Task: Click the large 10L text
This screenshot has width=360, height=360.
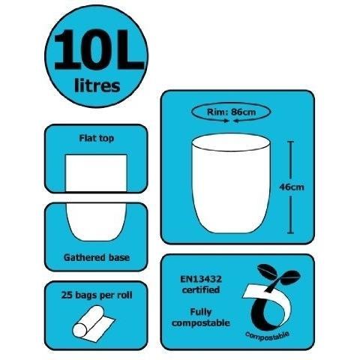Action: click(99, 49)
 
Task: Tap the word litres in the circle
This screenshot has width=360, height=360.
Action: click(97, 85)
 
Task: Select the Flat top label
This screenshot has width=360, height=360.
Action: click(97, 138)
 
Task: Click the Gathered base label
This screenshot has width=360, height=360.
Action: click(97, 257)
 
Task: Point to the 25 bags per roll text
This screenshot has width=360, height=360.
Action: click(97, 295)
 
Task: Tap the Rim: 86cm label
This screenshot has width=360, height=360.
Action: click(231, 112)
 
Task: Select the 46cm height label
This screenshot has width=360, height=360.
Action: click(292, 187)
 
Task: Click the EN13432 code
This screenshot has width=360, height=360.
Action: click(201, 279)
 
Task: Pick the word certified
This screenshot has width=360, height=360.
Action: click(201, 290)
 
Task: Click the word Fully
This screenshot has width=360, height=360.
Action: click(201, 312)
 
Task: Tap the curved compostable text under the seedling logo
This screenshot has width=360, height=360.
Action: click(267, 335)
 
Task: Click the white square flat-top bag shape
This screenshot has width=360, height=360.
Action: click(96, 173)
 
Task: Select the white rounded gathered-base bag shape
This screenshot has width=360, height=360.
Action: click(96, 222)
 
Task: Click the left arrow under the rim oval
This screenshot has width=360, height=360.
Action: click(224, 121)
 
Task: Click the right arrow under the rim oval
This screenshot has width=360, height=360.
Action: click(238, 121)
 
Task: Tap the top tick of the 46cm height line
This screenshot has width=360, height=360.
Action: click(290, 142)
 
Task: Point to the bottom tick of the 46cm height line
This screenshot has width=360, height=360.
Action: click(290, 232)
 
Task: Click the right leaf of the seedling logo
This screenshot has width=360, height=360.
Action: click(290, 276)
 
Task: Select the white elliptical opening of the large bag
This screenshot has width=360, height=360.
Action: click(231, 142)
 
